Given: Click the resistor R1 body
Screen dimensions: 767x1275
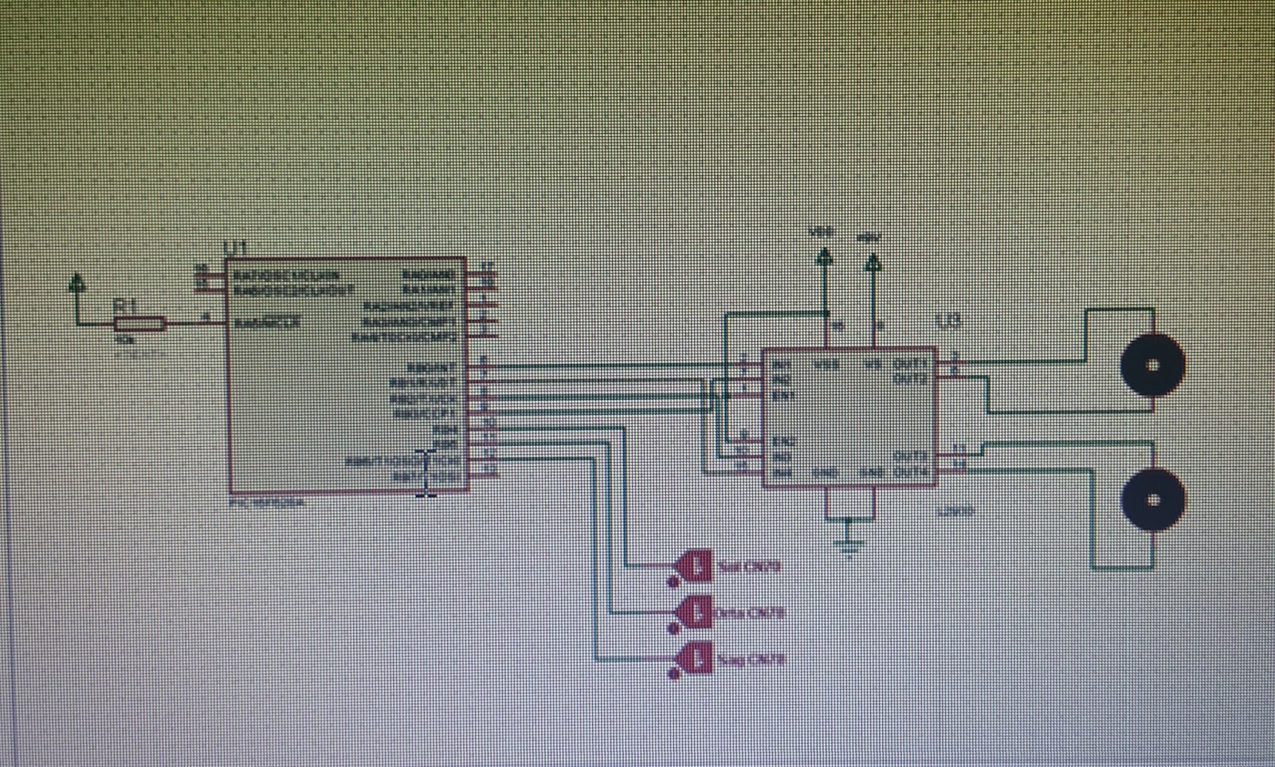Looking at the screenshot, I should (139, 323).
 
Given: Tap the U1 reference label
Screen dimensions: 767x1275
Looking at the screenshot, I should (236, 249).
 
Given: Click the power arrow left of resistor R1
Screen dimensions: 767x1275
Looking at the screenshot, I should (77, 283).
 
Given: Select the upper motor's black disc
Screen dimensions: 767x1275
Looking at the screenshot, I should (1152, 365).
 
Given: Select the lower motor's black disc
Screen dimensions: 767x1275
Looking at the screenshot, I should (1152, 499).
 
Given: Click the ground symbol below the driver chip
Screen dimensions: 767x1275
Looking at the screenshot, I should (850, 545).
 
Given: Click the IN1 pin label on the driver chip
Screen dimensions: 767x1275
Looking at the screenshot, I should (783, 365).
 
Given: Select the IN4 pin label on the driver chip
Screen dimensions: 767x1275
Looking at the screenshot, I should (783, 472).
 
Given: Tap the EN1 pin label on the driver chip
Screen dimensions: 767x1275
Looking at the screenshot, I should (783, 395).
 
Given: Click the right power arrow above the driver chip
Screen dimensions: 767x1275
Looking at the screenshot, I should (873, 261).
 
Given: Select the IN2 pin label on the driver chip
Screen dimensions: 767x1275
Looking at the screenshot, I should (783, 379).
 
